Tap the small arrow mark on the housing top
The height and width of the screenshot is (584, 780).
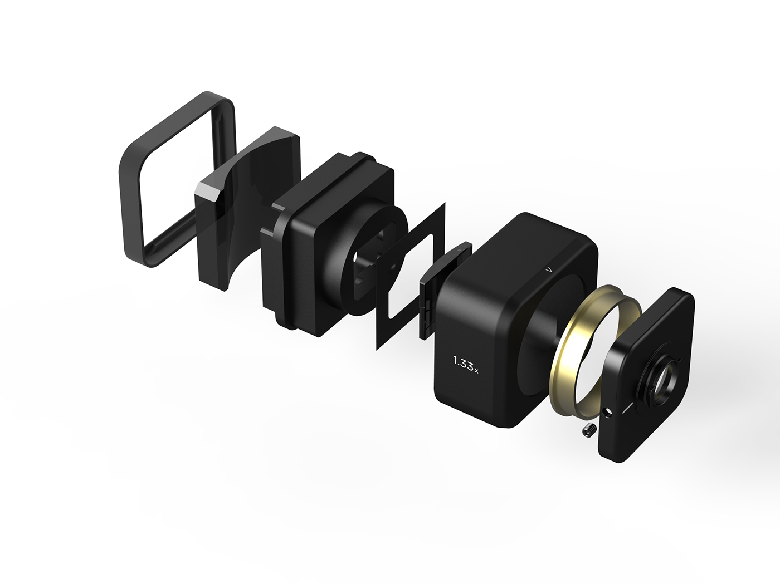tap(549, 269)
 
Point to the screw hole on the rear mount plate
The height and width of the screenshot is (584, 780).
tap(608, 413)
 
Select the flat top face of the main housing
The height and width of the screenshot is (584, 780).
tap(529, 245)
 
